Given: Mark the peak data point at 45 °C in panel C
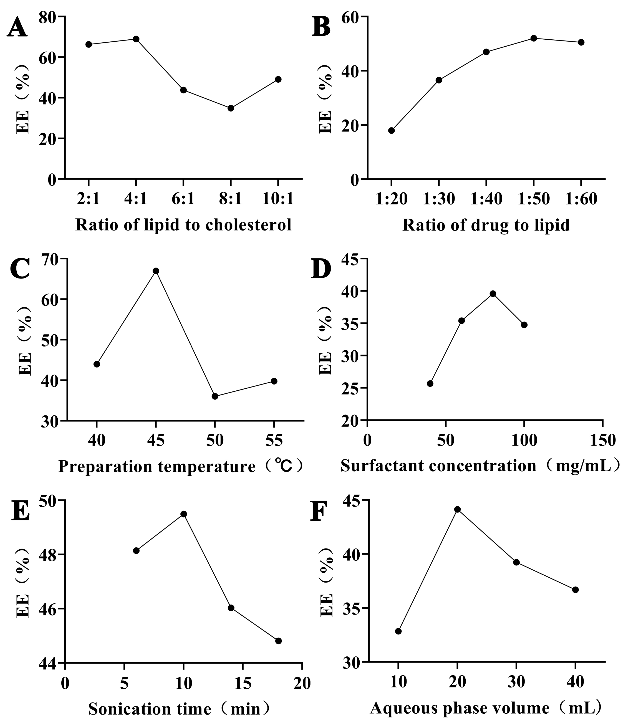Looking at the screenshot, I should [x=156, y=271].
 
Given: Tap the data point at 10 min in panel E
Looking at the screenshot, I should [x=183, y=514].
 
